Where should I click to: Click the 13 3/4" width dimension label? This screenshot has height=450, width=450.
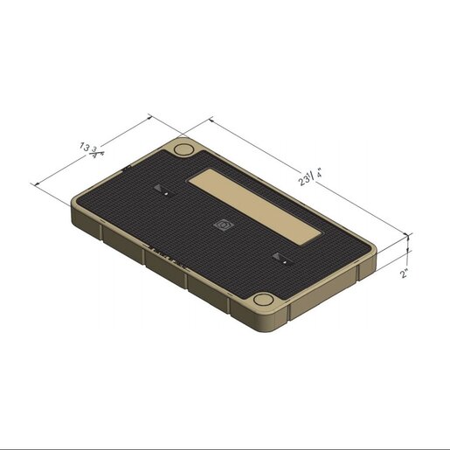[x=92, y=150]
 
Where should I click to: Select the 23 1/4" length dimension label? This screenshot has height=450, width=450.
[x=310, y=177]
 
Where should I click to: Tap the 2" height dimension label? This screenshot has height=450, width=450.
[x=404, y=273]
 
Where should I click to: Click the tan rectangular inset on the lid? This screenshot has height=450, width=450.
[x=254, y=207]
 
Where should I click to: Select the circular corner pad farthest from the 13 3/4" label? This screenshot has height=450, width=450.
[x=264, y=300]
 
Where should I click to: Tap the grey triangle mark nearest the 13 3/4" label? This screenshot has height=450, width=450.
[x=158, y=188]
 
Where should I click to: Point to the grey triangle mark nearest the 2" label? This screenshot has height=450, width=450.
[x=276, y=256]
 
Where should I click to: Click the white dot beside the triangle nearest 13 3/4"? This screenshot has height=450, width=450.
[x=166, y=193]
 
